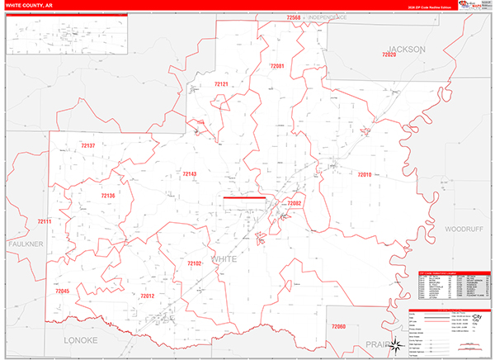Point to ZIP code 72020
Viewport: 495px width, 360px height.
tap(389, 55)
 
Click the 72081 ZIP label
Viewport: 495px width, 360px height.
tap(277, 66)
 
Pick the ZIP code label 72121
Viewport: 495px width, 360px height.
tap(221, 84)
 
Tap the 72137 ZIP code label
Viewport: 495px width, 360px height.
tap(88, 145)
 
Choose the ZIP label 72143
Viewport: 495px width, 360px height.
tap(189, 173)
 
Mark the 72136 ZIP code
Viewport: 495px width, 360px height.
tap(108, 196)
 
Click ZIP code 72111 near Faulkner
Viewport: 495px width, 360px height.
tap(44, 221)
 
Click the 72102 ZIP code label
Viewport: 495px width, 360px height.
tap(195, 263)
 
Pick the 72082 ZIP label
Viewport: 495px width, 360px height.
tap(295, 203)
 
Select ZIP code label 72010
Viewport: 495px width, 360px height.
tap(365, 174)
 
